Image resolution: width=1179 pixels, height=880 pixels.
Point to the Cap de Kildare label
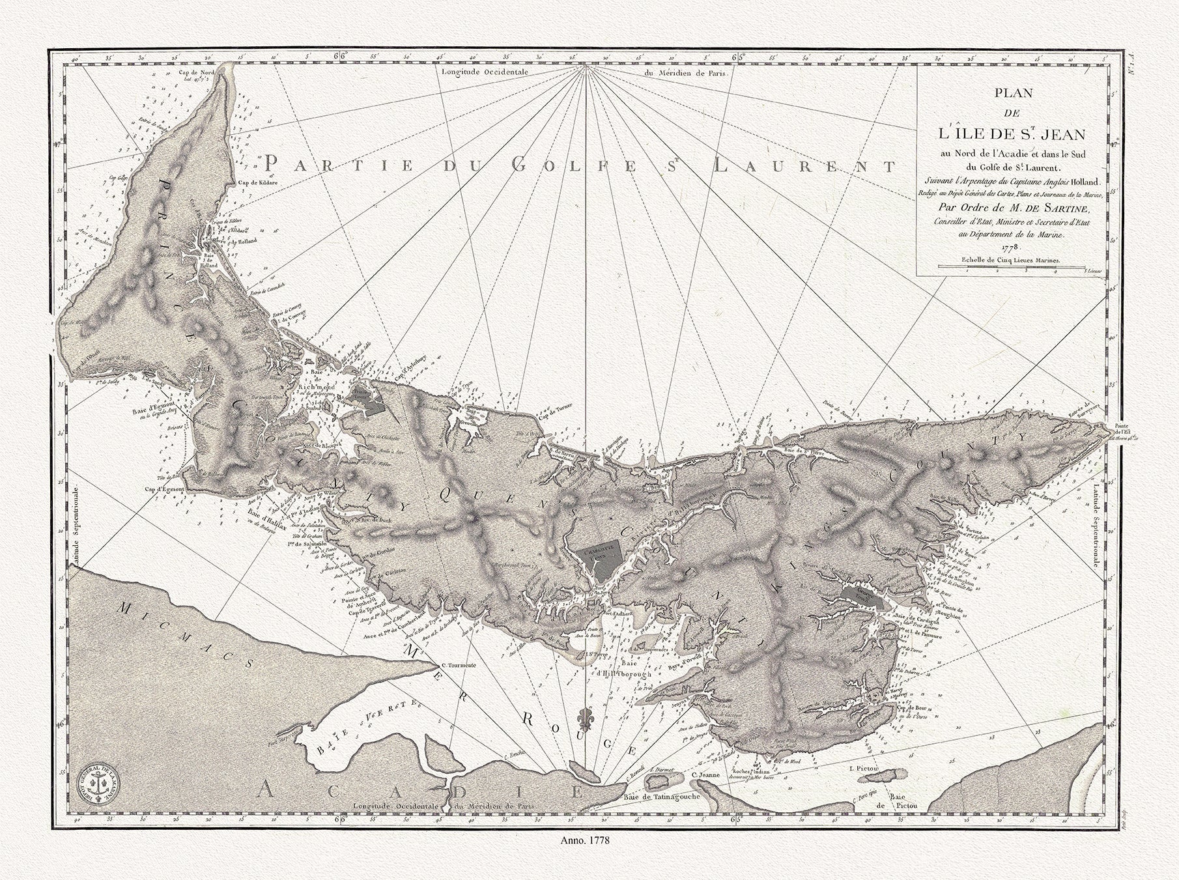(259, 183)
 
